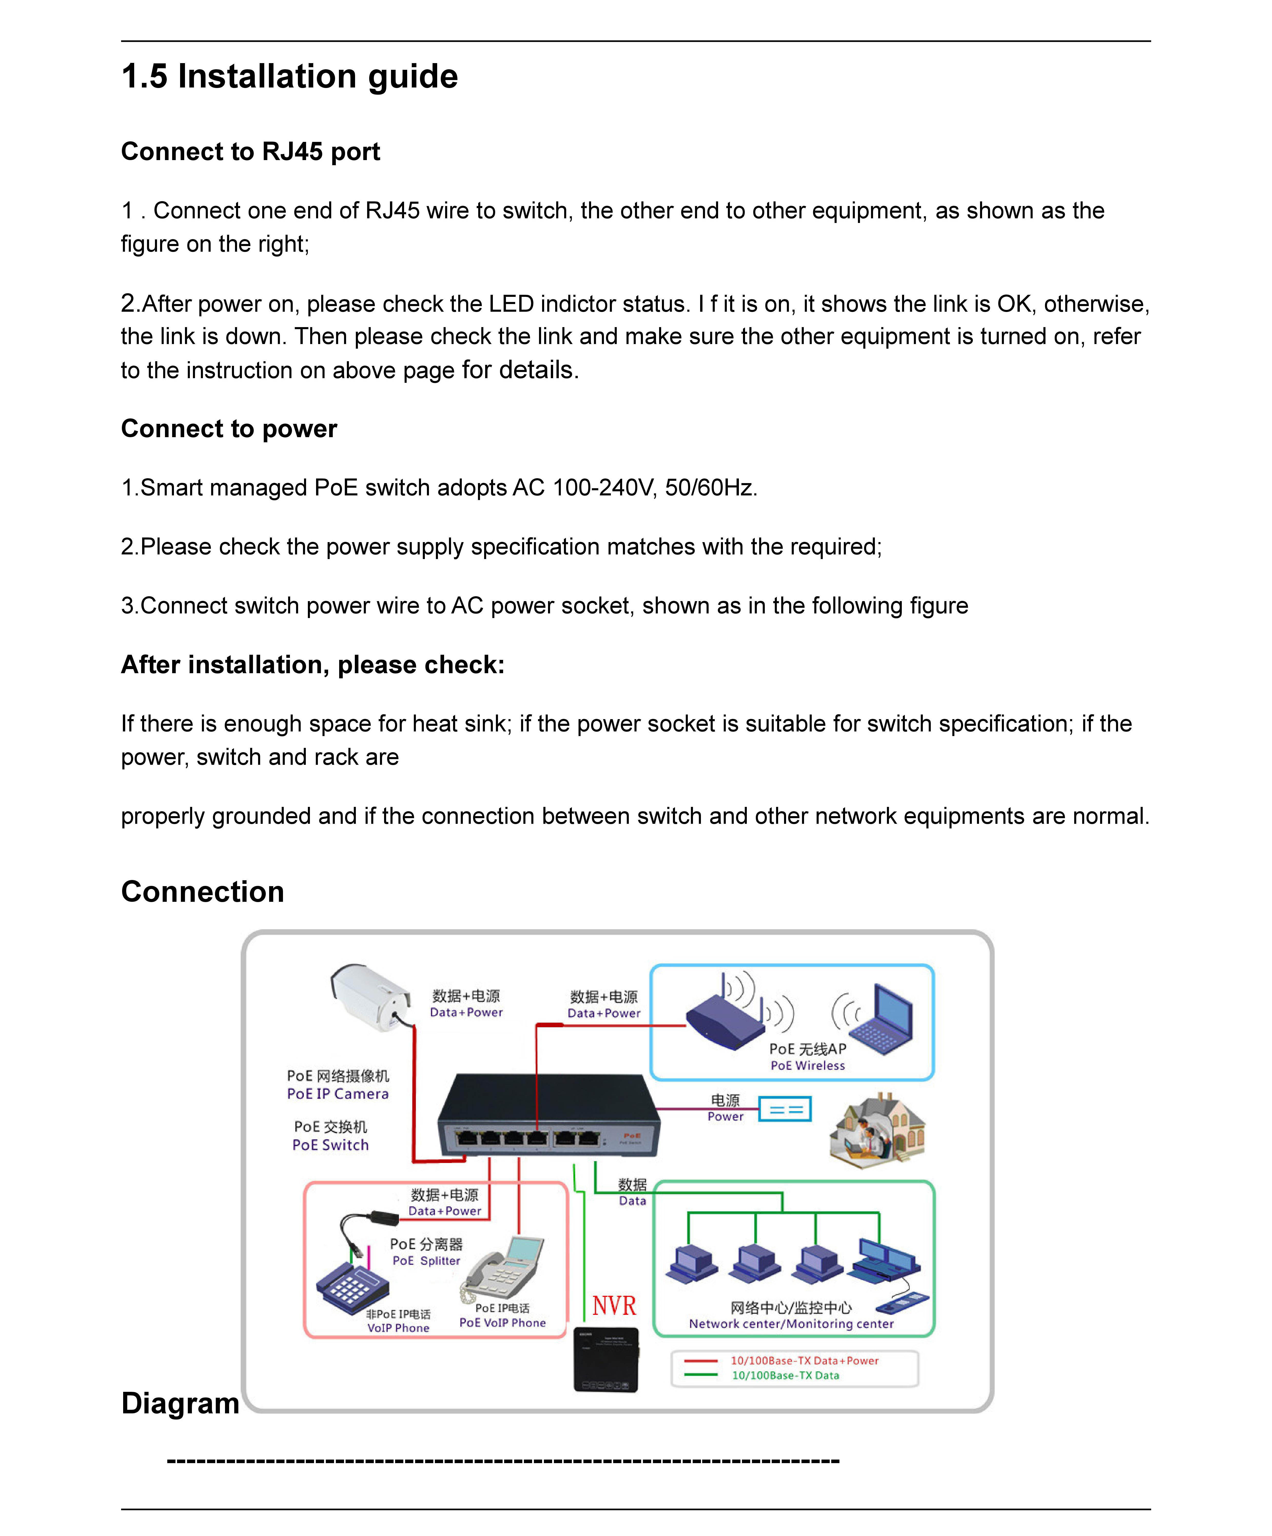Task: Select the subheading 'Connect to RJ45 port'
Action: pyautogui.click(x=250, y=151)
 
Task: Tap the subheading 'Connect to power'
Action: pyautogui.click(x=229, y=429)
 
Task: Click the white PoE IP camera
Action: pyautogui.click(x=369, y=996)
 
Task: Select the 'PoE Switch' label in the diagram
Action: pyautogui.click(x=331, y=1146)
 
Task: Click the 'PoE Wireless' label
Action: pyautogui.click(x=808, y=1066)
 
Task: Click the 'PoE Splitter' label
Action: pyautogui.click(x=426, y=1261)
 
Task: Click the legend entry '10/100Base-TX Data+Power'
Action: pyautogui.click(x=805, y=1361)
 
